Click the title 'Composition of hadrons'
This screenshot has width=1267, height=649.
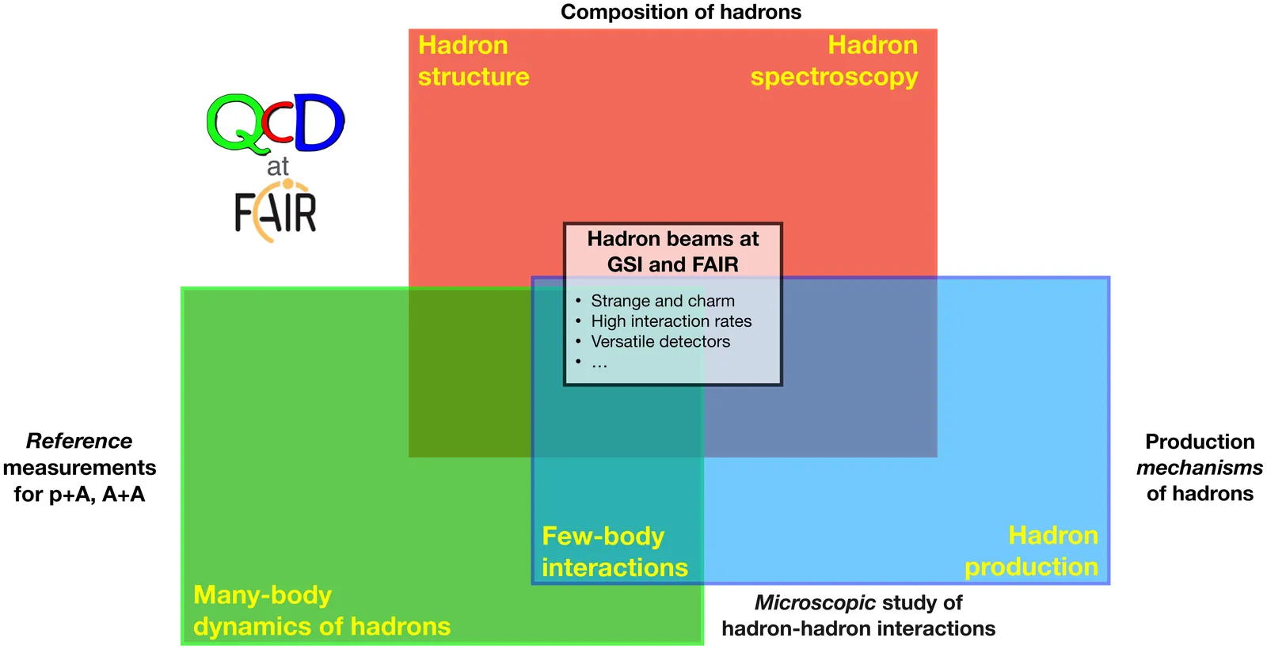pyautogui.click(x=680, y=12)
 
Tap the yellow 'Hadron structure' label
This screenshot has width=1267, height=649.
pyautogui.click(x=473, y=61)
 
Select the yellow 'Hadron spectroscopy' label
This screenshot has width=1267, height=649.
pyautogui.click(x=834, y=61)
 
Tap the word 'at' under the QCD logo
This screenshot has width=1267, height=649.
pyautogui.click(x=278, y=167)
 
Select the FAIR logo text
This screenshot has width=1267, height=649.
pyautogui.click(x=275, y=212)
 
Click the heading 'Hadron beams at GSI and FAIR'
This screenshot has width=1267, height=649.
pyautogui.click(x=672, y=251)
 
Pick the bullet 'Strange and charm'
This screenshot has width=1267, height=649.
pyautogui.click(x=662, y=301)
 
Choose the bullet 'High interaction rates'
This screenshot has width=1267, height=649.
pyautogui.click(x=671, y=321)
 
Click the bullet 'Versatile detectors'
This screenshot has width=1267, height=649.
pyautogui.click(x=660, y=342)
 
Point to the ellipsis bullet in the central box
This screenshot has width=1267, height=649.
pyautogui.click(x=599, y=364)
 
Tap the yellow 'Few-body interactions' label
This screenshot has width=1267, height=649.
pyautogui.click(x=614, y=552)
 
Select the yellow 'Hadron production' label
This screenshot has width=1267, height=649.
pyautogui.click(x=1031, y=551)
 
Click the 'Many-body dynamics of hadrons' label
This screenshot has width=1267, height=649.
pyautogui.click(x=322, y=610)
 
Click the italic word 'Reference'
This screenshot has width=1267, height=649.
pyautogui.click(x=79, y=441)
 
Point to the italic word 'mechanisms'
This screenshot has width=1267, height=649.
pyautogui.click(x=1199, y=468)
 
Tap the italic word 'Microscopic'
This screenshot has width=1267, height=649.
pyautogui.click(x=814, y=602)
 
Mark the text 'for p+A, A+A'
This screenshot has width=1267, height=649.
pyautogui.click(x=79, y=495)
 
